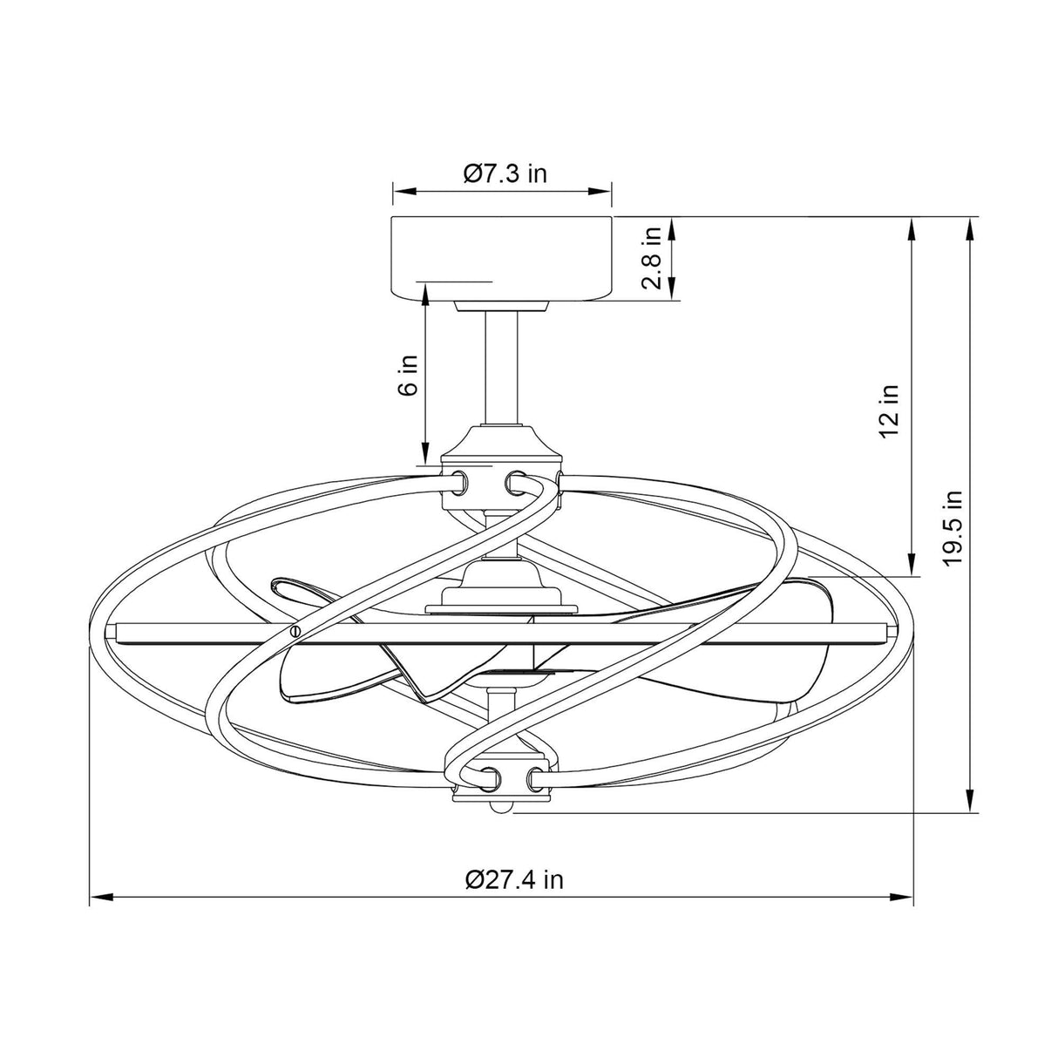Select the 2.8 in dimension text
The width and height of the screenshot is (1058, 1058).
click(652, 258)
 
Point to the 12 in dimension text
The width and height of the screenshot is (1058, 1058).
click(890, 410)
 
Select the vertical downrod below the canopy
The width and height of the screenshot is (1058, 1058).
click(500, 366)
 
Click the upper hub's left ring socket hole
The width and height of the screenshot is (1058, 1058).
click(459, 479)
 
